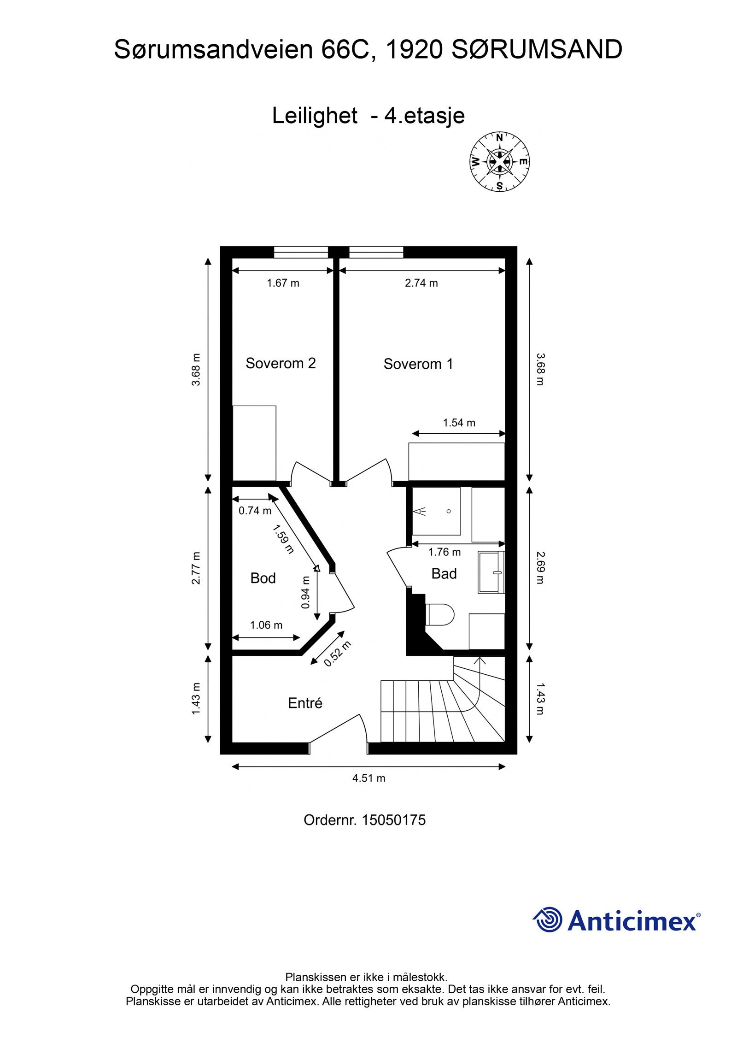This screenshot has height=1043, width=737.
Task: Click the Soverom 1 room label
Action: pos(418,364)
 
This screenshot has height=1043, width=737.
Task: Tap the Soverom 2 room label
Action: pos(281,363)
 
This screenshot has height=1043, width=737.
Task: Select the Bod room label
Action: pos(263,578)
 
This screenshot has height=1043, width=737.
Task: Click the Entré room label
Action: pos(305,703)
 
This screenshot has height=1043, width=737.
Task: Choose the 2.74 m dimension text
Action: pos(421,283)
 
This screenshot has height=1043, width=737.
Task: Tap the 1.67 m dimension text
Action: pos(283,283)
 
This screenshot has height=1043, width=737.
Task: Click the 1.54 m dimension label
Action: pos(459,423)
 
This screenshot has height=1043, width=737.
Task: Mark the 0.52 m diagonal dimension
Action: pos(337,654)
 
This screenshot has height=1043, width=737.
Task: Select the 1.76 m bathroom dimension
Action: pos(444,552)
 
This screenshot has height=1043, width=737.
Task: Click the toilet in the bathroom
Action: pos(440,614)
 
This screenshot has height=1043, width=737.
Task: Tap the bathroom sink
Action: pos(491,572)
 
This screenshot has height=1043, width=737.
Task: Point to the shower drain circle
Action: pos(449,511)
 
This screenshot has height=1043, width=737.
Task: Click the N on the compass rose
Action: pos(499,137)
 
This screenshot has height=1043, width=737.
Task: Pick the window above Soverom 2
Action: pos(301,252)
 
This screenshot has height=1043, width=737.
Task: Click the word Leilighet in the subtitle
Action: pos(315,116)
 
